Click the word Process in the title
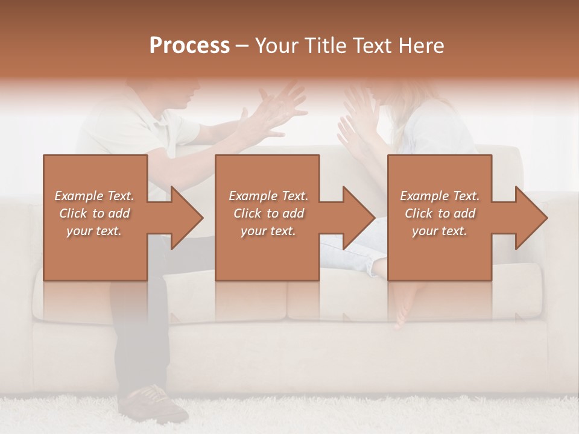(x=189, y=46)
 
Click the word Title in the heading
(x=326, y=46)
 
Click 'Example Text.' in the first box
(x=94, y=196)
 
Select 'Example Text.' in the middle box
(x=268, y=196)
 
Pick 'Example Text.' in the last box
(x=440, y=196)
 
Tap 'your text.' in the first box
(x=94, y=231)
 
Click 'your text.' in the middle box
(x=268, y=231)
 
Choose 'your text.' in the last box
(x=440, y=231)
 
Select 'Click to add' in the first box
(x=94, y=213)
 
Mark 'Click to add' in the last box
(x=440, y=213)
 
